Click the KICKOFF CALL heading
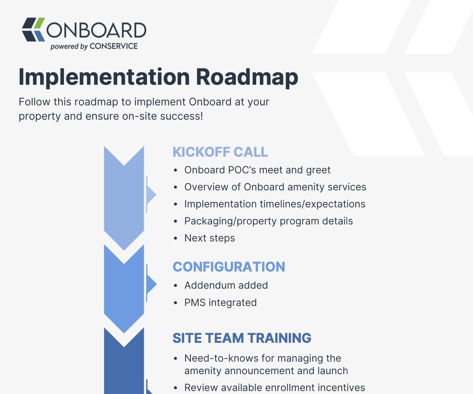[x=220, y=152]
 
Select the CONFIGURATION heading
[x=229, y=267]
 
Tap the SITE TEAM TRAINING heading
[x=242, y=338]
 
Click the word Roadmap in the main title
[x=247, y=77]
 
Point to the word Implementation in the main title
[x=104, y=77]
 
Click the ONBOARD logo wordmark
[x=96, y=30]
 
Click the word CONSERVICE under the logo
[x=113, y=46]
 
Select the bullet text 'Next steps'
[x=210, y=238]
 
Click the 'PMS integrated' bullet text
[x=220, y=302]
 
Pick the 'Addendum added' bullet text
[x=226, y=285]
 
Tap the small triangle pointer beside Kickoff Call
[x=151, y=194]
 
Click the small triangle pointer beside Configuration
[x=151, y=284]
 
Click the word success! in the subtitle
[x=182, y=116]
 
